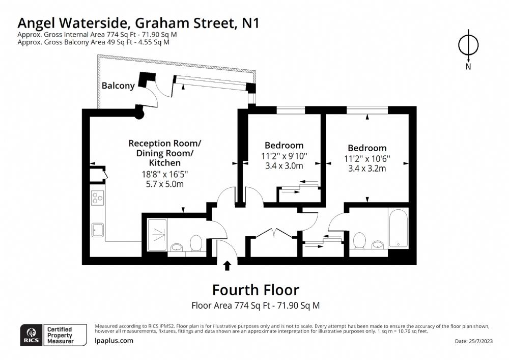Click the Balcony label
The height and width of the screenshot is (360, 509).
118,86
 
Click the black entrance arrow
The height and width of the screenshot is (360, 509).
227,265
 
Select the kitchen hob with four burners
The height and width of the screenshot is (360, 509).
98,198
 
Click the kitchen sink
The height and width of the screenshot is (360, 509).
97,230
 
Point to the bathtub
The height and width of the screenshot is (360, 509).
398,228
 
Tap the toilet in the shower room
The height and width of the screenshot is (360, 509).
196,243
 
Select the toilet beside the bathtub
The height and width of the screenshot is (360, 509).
359,240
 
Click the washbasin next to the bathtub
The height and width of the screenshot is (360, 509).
378,244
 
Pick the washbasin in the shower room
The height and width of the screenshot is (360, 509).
177,247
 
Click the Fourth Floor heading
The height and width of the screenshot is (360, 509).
256,290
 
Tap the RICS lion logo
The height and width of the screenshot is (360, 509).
32,335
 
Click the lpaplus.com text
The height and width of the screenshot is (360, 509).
114,341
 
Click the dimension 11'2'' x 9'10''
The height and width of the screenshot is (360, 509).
284,156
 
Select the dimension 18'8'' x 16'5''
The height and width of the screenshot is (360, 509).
164,174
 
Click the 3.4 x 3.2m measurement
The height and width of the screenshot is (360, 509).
367,169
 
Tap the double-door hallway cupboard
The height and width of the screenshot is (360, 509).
275,243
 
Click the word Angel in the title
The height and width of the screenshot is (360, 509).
39,23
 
